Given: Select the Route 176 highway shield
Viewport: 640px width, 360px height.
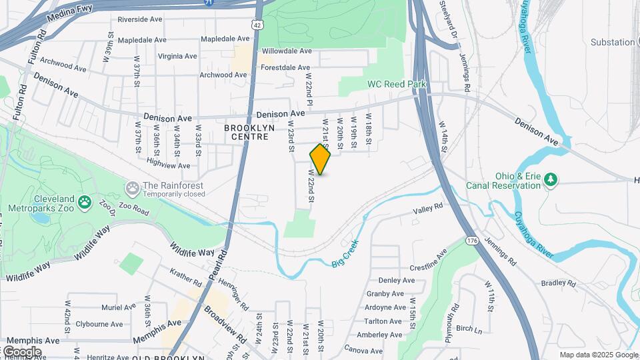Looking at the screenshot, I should coord(473,240).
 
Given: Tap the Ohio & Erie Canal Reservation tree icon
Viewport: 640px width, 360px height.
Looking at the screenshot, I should coord(551,179).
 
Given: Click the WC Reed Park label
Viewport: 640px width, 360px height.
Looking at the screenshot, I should coord(396,85).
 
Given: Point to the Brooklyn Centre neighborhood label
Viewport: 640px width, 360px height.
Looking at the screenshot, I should coord(246,132).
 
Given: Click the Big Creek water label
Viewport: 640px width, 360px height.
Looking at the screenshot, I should coord(345,253).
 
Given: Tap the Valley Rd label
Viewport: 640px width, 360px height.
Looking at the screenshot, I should coord(428,209).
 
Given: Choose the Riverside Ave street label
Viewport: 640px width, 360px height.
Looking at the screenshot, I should coord(141,20).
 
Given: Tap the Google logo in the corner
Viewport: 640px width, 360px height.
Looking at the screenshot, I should coord(21,351).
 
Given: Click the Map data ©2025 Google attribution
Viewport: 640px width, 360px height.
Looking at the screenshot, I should coord(598,355).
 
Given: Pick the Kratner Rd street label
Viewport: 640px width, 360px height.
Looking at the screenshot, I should coord(185,273).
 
